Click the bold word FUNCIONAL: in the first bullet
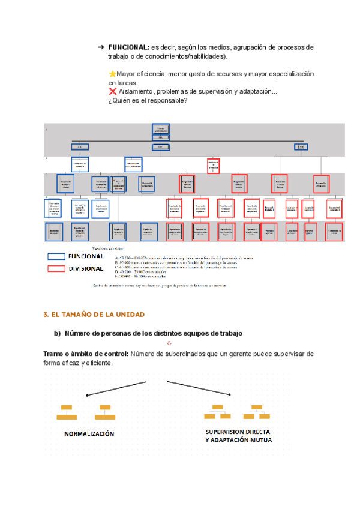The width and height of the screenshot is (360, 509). [x=128, y=47]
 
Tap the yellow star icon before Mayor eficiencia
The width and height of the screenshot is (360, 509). [x=112, y=74]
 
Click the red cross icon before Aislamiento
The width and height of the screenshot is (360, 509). [x=112, y=92]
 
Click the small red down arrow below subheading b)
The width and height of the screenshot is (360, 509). [x=169, y=343]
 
